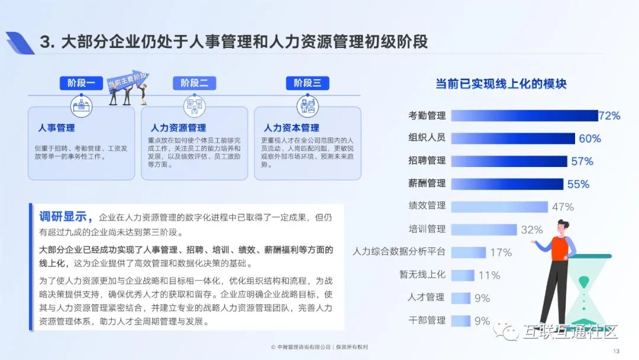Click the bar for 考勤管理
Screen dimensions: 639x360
pyautogui.click(x=524, y=116)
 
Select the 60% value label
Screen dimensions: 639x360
pyautogui.click(x=590, y=139)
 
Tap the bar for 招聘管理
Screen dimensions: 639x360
pyautogui.click(x=509, y=162)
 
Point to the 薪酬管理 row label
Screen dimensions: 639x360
pyautogui.click(x=427, y=184)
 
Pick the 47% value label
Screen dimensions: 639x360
pyautogui.click(x=563, y=207)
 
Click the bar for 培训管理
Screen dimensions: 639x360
pyautogui.click(x=484, y=230)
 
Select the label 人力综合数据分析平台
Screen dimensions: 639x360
pyautogui.click(x=399, y=252)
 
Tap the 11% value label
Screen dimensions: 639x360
pyautogui.click(x=489, y=275)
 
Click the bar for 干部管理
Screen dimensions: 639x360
pyautogui.click(x=461, y=321)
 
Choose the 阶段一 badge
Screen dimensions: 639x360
pyautogui.click(x=81, y=83)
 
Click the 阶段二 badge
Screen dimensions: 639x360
pyautogui.click(x=194, y=83)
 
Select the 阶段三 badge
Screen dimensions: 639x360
pyautogui.click(x=307, y=83)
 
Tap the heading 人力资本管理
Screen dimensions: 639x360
pyautogui.click(x=291, y=128)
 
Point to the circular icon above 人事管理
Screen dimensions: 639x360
pyautogui.click(x=82, y=106)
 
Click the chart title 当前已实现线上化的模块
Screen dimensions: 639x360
pyautogui.click(x=501, y=84)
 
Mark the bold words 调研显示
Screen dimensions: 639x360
pyautogui.click(x=63, y=217)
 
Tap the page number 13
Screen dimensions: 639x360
pyautogui.click(x=616, y=351)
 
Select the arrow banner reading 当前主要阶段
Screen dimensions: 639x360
pyautogui.click(x=128, y=80)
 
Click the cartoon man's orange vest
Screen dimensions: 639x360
pyautogui.click(x=560, y=248)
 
